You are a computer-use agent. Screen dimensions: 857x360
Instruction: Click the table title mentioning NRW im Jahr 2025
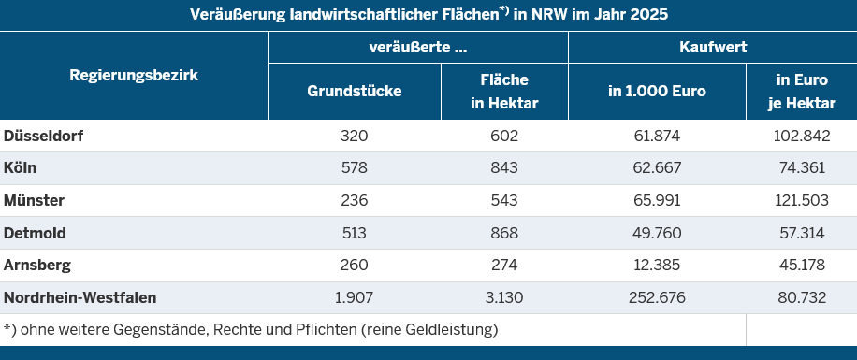[x=428, y=14]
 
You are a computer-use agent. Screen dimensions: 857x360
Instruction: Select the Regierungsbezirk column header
[x=134, y=76]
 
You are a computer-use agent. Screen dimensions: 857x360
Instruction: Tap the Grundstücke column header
[x=355, y=92]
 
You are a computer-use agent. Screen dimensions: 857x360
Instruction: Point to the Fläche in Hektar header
[x=504, y=92]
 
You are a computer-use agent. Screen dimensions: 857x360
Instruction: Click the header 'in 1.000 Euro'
[x=657, y=92]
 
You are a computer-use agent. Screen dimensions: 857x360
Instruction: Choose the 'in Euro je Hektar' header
[x=802, y=92]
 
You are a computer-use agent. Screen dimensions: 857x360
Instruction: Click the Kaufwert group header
[x=713, y=47]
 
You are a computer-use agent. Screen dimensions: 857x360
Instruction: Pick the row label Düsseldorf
[x=44, y=136]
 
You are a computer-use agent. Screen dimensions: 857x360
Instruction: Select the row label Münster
[x=34, y=200]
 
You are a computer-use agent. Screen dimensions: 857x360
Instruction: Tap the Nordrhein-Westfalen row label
[x=80, y=297]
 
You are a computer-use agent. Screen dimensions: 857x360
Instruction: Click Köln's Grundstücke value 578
[x=355, y=167]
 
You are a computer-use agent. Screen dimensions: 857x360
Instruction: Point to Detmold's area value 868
[x=504, y=233]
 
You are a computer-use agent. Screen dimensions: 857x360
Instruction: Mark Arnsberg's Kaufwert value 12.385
[x=657, y=266]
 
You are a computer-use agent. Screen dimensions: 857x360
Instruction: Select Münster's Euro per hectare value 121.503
[x=802, y=200]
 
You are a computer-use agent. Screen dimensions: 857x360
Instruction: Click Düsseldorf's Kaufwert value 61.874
[x=657, y=136]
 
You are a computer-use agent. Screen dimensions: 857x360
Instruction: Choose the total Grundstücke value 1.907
[x=355, y=297]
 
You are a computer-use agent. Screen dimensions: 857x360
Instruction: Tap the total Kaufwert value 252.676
[x=657, y=297]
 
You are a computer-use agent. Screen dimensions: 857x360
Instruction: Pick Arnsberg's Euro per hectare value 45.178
[x=802, y=266]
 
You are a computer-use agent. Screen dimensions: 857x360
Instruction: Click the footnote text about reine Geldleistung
[x=251, y=330]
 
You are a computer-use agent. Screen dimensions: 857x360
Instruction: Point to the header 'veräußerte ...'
[x=418, y=47]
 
